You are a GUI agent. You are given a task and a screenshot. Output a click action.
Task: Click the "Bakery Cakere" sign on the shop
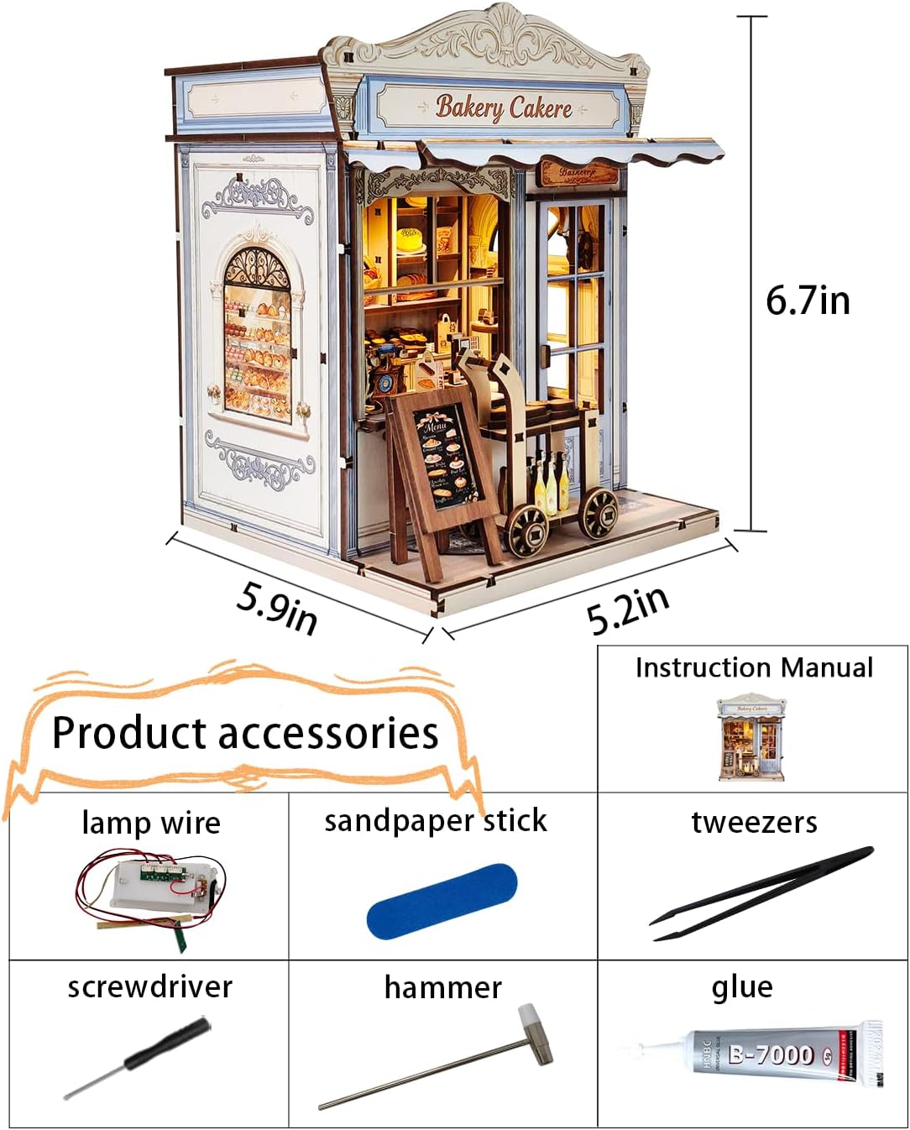504,107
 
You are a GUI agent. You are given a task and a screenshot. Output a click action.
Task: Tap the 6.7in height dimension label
808,300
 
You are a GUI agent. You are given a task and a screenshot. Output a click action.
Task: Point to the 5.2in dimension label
628,610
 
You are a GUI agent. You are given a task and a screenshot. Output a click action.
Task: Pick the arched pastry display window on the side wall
257,336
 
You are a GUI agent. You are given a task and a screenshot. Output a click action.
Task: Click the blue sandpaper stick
442,901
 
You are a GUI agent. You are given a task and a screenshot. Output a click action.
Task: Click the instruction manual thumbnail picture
751,736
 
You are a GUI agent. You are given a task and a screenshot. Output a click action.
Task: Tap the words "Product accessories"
245,732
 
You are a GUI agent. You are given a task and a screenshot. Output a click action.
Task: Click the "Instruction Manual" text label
753,667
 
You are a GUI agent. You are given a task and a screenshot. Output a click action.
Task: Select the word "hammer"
442,987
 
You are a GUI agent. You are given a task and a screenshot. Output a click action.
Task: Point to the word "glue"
742,987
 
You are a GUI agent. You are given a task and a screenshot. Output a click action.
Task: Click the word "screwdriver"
149,986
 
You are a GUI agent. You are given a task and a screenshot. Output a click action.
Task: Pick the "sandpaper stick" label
436,821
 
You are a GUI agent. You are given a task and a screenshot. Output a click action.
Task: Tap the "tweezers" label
753,822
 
